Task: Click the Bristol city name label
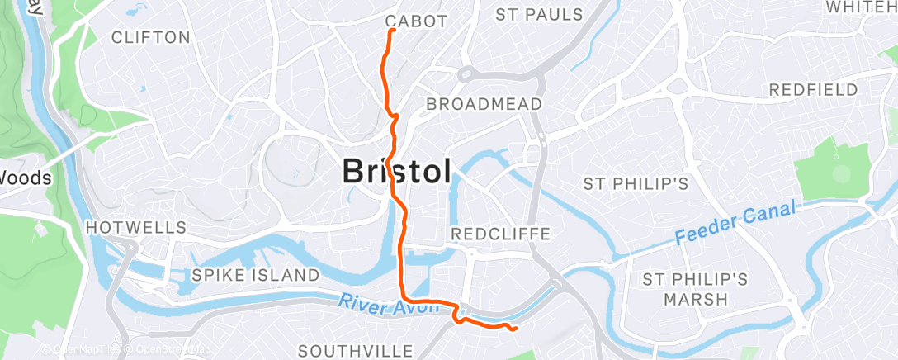pos(397,172)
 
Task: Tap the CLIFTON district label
pos(150,37)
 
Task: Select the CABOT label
pos(416,21)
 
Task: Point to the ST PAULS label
pos(539,14)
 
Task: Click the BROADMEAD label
pos(484,104)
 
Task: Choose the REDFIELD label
pos(813,89)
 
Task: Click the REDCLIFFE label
pos(500,234)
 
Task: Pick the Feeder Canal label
pos(734,223)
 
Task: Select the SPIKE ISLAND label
pos(255,274)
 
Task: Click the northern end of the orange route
pos(390,31)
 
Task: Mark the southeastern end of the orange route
pos(516,329)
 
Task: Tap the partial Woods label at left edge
pos(26,178)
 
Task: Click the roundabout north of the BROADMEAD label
pos(466,74)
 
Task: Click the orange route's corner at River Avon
pos(403,298)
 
